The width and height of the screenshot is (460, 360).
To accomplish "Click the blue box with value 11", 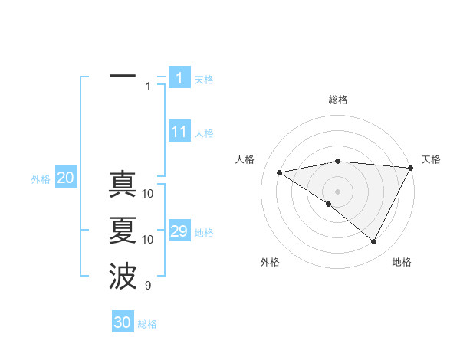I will pyautogui.click(x=179, y=132).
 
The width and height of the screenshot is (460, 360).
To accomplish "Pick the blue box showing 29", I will pyautogui.click(x=179, y=231).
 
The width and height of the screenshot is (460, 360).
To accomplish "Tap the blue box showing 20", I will pyautogui.click(x=65, y=178).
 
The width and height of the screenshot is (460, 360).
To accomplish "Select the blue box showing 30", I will pyautogui.click(x=123, y=322).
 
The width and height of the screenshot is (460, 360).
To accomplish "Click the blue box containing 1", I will pyautogui.click(x=179, y=78).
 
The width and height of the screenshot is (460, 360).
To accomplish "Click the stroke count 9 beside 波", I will pyautogui.click(x=148, y=286).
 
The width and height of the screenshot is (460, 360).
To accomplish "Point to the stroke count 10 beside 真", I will pyautogui.click(x=148, y=194).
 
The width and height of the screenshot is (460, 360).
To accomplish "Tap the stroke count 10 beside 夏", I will pyautogui.click(x=148, y=240).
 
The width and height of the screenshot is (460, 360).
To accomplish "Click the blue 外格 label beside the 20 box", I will pyautogui.click(x=41, y=179).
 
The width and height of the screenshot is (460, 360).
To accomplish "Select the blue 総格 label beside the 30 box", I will pyautogui.click(x=147, y=324).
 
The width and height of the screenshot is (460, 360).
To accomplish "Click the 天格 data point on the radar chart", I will pyautogui.click(x=410, y=168).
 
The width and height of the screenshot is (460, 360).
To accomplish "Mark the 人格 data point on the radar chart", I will pyautogui.click(x=280, y=172).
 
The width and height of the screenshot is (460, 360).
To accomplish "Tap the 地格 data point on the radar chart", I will pyautogui.click(x=374, y=241).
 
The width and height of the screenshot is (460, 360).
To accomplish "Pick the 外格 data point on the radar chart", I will pyautogui.click(x=329, y=204).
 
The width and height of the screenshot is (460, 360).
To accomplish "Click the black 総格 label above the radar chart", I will pyautogui.click(x=338, y=100).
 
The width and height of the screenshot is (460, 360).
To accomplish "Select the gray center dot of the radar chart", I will pyautogui.click(x=337, y=191).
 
